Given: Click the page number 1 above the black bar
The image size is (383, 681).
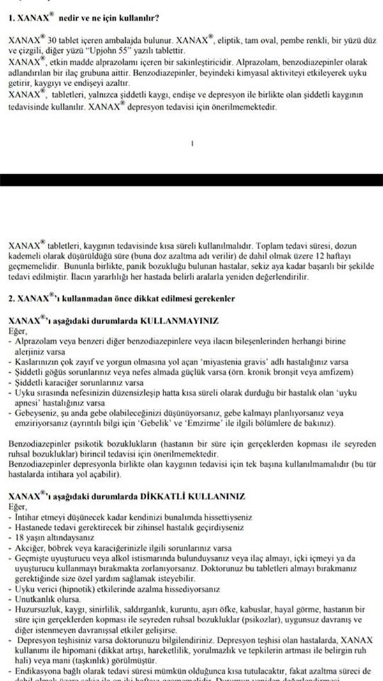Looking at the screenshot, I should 192,144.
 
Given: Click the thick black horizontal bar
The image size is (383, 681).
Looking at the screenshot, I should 191,179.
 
